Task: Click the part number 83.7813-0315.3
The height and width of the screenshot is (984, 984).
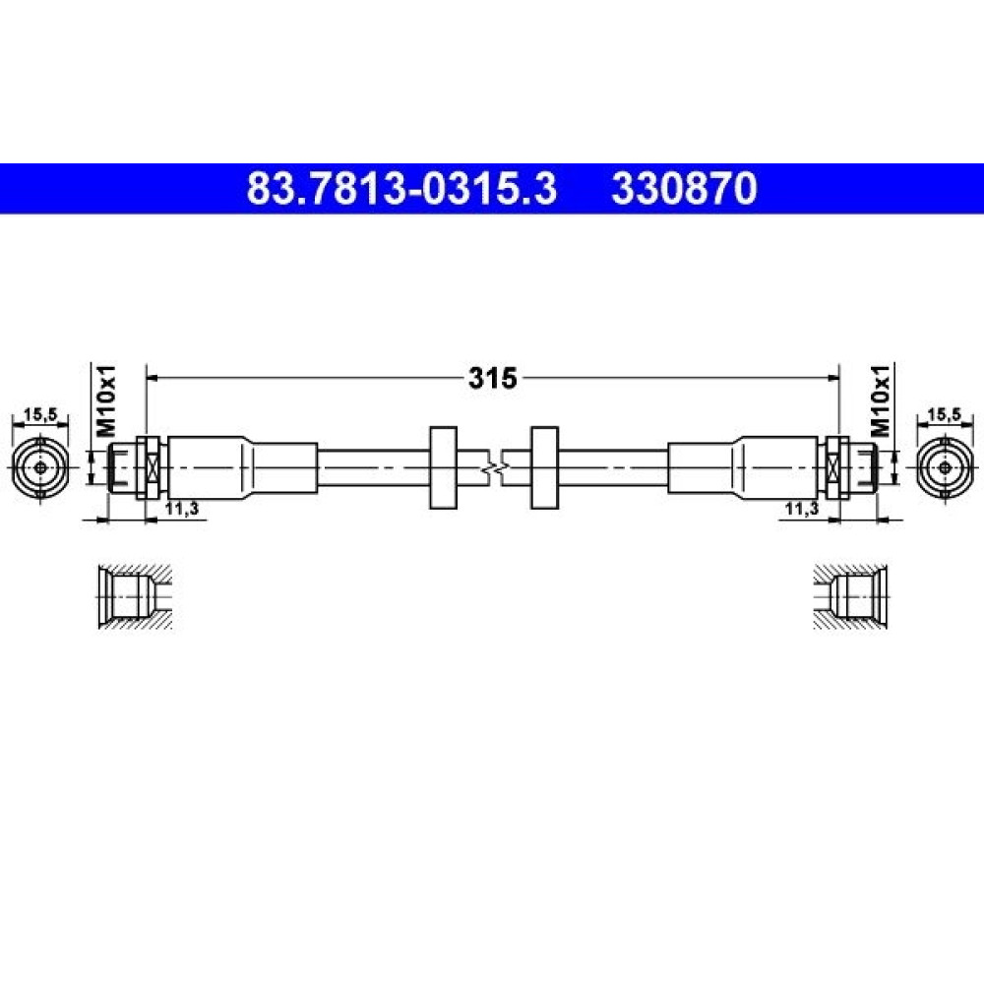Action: [401, 189]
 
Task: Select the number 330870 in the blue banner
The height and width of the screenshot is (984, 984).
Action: [685, 189]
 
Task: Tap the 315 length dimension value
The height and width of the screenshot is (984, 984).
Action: [493, 378]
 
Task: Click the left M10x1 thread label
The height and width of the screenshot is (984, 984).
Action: [106, 400]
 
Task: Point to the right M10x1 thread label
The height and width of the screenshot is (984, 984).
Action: [881, 400]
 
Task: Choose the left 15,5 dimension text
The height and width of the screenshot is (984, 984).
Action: [40, 414]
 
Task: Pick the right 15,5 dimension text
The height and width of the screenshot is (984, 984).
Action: [945, 414]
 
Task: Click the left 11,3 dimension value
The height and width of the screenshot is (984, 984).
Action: [182, 509]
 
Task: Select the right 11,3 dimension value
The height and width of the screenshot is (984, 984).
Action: [802, 509]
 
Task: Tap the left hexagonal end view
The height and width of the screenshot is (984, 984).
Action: [40, 467]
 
